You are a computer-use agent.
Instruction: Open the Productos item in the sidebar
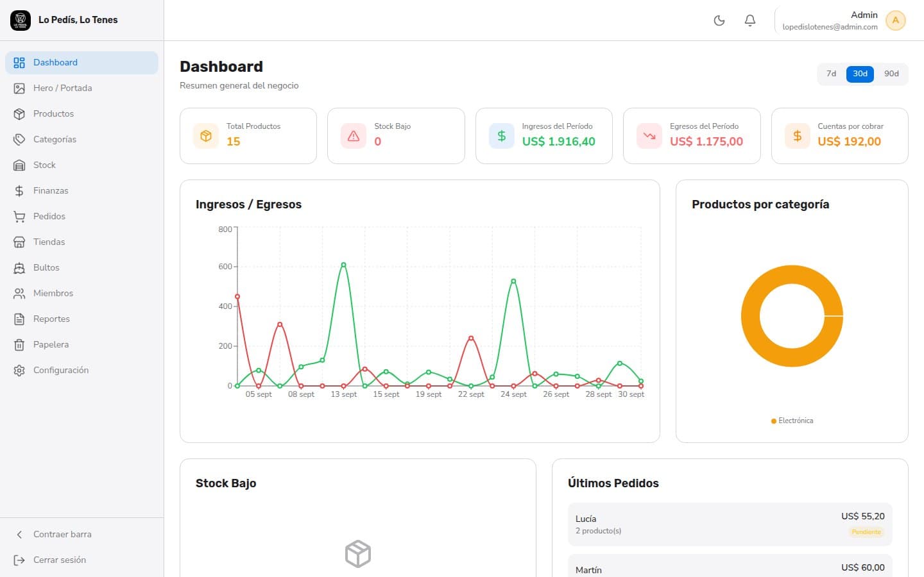click(x=53, y=113)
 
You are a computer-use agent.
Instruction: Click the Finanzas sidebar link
click(x=50, y=190)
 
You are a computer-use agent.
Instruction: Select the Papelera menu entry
click(x=51, y=344)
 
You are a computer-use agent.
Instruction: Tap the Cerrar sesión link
click(x=60, y=560)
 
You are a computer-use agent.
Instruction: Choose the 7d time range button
click(x=831, y=74)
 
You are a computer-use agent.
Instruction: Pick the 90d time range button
click(x=891, y=74)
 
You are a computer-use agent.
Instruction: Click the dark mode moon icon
click(x=719, y=21)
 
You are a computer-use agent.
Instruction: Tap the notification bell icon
click(x=750, y=21)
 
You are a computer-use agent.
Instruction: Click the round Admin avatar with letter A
click(x=896, y=21)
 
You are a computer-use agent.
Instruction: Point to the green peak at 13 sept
click(x=344, y=265)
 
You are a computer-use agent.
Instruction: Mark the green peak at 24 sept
click(x=513, y=281)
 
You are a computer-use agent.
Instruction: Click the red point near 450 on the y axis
click(x=237, y=296)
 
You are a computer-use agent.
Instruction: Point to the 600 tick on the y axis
click(x=225, y=267)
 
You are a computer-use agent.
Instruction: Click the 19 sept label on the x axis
click(x=429, y=394)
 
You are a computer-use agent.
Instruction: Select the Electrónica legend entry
click(x=792, y=421)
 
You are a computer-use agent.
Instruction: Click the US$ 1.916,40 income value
click(x=558, y=141)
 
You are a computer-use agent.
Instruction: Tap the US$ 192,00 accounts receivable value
click(x=849, y=141)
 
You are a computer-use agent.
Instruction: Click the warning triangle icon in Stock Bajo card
click(x=354, y=136)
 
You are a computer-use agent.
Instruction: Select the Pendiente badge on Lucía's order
click(x=866, y=532)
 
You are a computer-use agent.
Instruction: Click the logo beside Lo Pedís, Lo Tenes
click(x=21, y=21)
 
